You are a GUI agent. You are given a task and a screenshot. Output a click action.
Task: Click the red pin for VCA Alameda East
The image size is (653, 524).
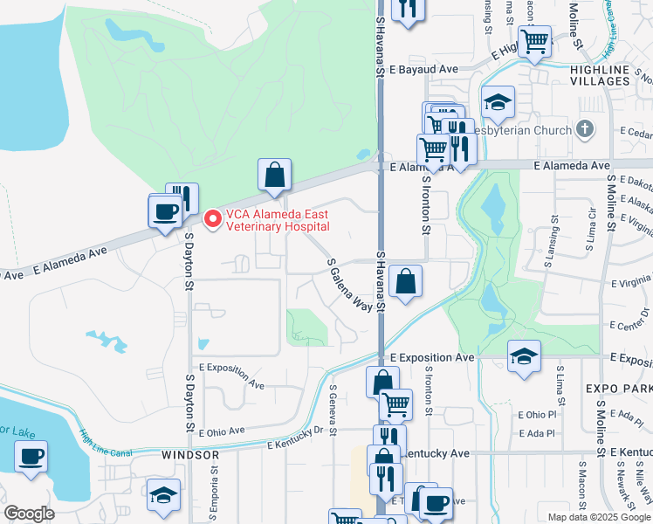[x=211, y=218]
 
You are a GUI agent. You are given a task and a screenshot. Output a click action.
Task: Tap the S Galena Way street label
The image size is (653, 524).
[x=350, y=284]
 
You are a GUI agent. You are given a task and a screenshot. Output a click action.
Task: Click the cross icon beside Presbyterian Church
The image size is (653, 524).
[x=585, y=130]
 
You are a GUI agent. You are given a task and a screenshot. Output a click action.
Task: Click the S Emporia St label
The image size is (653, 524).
[x=213, y=488]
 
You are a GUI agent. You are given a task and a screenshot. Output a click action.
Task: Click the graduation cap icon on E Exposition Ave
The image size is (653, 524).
[x=524, y=355]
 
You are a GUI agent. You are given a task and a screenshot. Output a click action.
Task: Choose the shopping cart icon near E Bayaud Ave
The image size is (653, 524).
[x=534, y=40]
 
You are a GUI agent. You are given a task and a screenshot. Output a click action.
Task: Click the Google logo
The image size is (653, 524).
[x=29, y=514]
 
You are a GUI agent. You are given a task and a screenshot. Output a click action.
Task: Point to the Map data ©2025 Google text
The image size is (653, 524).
[x=598, y=517]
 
